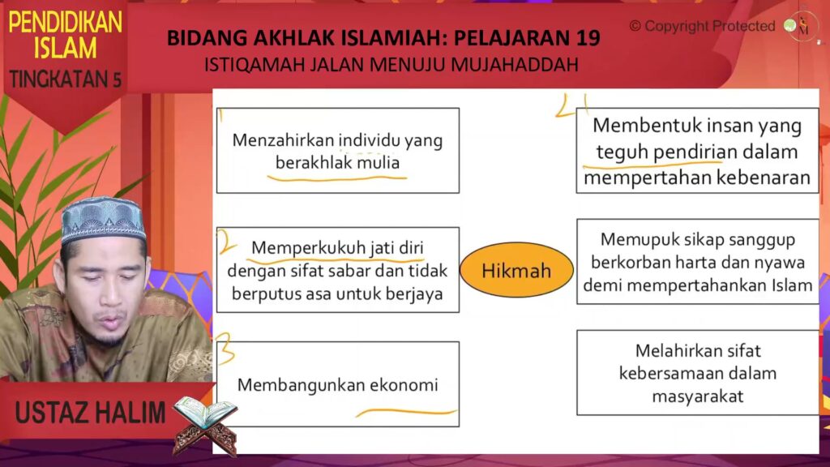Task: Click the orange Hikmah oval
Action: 516,270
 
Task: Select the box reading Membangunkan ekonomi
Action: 338,383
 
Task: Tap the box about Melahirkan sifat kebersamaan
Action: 698,373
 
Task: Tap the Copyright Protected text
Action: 703,26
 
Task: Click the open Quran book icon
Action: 205,425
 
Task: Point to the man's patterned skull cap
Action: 103,219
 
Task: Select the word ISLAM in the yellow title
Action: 65,48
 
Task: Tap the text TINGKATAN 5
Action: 65,79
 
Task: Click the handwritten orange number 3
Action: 225,348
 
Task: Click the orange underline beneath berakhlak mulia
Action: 337,178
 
